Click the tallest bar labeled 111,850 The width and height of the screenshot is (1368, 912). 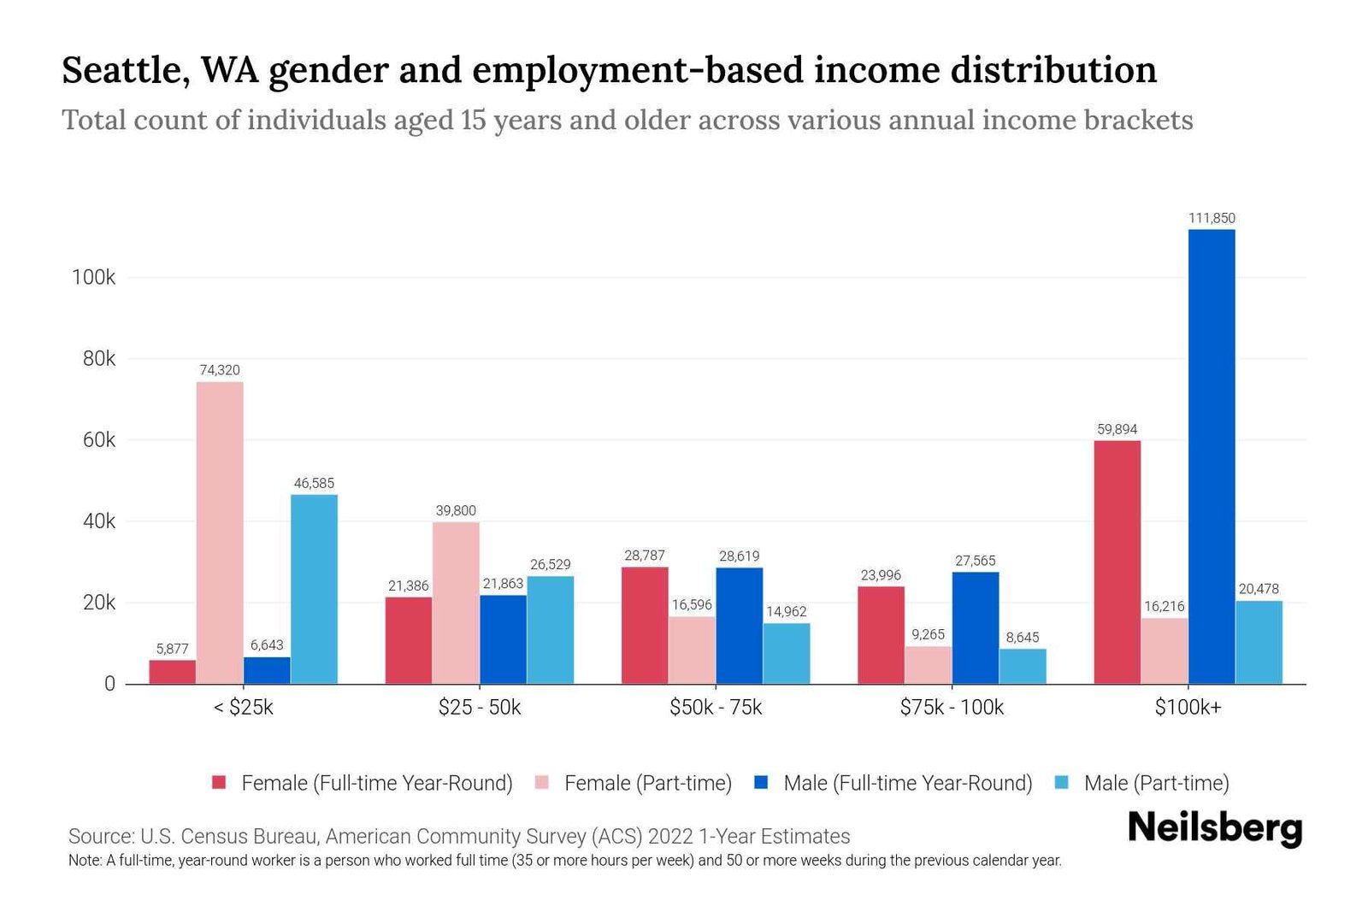click(x=1212, y=456)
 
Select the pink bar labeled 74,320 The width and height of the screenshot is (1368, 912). click(x=220, y=532)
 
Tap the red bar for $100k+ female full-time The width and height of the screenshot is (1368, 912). click(x=1117, y=562)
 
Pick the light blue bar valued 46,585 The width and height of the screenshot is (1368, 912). click(x=314, y=589)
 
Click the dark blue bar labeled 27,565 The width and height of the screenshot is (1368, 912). click(x=976, y=627)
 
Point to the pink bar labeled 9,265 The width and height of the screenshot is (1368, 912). click(x=928, y=665)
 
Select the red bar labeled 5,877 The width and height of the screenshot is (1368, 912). click(x=172, y=672)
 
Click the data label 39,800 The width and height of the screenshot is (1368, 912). click(x=456, y=510)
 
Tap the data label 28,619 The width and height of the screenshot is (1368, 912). click(x=739, y=556)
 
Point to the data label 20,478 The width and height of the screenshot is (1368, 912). click(x=1259, y=589)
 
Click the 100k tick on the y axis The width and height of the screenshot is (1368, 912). click(x=94, y=278)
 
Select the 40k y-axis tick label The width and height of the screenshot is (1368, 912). click(x=99, y=521)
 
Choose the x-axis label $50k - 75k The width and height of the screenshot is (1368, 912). click(x=716, y=708)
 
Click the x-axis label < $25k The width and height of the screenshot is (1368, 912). click(x=244, y=708)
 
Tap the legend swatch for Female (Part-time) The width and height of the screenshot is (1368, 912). click(x=542, y=782)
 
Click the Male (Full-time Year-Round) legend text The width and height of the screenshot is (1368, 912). click(x=908, y=783)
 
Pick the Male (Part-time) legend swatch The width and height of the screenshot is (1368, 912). click(x=1062, y=782)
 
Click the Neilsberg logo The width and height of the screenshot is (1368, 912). click(x=1215, y=827)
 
